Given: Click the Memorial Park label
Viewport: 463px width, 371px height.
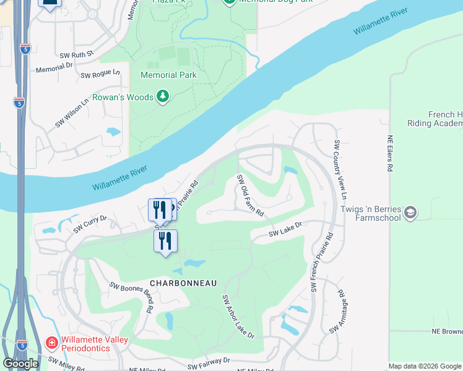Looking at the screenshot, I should (x=168, y=75).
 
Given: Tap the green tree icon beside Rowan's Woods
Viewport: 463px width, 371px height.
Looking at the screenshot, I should (x=163, y=96).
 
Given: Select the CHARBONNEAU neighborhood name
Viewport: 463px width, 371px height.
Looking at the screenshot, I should (x=183, y=283).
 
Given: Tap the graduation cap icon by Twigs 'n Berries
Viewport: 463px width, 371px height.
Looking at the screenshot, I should (x=410, y=213).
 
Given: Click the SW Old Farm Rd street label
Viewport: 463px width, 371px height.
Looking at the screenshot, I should (x=251, y=195).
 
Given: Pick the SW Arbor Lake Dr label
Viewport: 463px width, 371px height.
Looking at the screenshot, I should (x=238, y=317).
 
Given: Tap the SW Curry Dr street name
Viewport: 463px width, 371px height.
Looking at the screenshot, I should (x=90, y=224).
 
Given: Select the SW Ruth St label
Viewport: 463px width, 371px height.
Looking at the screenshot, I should (x=76, y=54).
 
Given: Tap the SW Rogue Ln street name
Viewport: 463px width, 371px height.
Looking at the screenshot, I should (x=100, y=74).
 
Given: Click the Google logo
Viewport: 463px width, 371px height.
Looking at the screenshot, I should (x=20, y=364).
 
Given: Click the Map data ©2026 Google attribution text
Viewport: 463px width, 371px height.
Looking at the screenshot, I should (x=425, y=366).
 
